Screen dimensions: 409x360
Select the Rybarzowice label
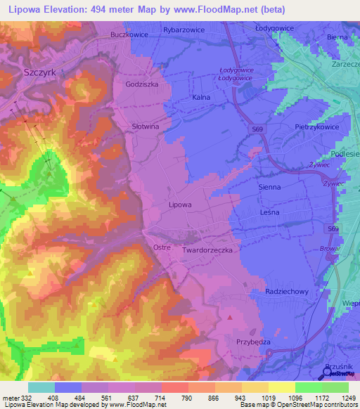182,30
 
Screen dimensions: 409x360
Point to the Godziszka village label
142,84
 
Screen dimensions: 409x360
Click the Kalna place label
201,98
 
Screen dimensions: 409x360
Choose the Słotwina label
146,126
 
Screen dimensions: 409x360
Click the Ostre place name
162,247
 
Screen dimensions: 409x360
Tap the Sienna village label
270,188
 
